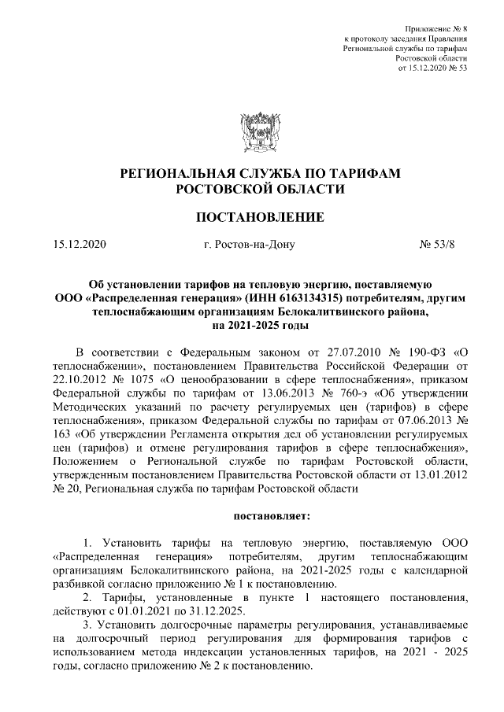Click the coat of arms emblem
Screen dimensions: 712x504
251,131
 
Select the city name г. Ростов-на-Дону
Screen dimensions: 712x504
249,244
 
